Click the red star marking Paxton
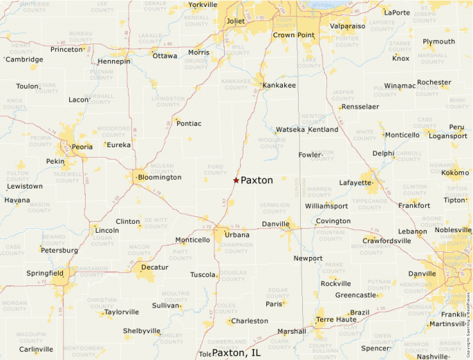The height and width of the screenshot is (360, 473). point(236,180)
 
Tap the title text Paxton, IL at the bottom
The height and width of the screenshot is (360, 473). point(236,352)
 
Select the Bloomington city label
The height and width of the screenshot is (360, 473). point(159,178)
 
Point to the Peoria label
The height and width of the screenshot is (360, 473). point(82,147)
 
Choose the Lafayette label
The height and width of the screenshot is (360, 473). point(355,182)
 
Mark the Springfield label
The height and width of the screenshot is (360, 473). point(45,273)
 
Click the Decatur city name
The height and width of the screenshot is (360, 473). point(154,267)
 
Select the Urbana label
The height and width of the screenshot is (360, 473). point(237,236)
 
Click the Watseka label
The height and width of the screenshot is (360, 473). point(290,130)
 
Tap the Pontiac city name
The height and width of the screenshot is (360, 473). point(189,124)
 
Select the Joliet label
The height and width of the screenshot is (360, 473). point(236,21)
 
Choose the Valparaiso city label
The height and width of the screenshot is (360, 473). point(347,26)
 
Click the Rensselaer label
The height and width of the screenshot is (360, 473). point(360,107)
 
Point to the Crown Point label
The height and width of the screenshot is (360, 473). point(294,35)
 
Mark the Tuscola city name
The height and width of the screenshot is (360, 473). point(203,275)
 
